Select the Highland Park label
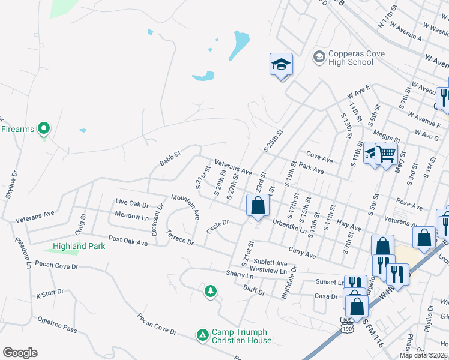[79, 246]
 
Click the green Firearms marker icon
[43, 128]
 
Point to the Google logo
[20, 353]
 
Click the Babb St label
[170, 159]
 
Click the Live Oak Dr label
[131, 202]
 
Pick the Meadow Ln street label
[131, 216]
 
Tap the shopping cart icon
[386, 154]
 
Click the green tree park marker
[211, 292]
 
